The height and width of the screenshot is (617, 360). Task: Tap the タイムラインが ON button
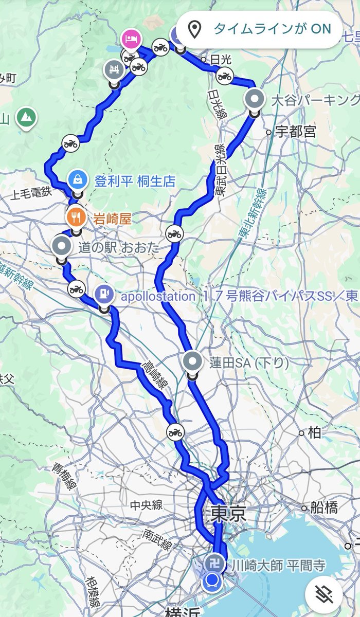260,29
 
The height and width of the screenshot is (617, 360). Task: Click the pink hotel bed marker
130,39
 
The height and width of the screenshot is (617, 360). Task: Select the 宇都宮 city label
295,132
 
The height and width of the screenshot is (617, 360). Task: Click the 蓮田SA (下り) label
248,363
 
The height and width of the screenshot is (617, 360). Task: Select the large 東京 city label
228,513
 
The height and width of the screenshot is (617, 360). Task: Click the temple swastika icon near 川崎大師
214,564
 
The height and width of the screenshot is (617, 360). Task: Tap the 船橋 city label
324,508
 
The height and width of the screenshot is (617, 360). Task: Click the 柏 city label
314,432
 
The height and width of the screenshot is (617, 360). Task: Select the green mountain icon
25,117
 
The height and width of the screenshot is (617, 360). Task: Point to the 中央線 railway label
146,505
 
